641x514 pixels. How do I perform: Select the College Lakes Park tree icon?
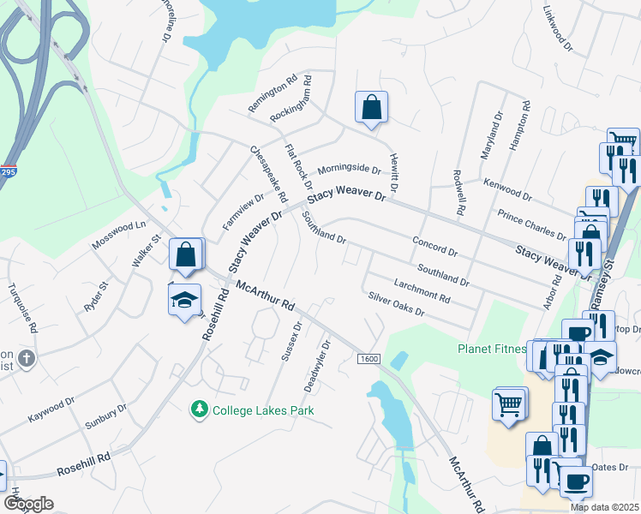[x=200, y=410]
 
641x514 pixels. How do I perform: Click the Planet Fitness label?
[x=491, y=349]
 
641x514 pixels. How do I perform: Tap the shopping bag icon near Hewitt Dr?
[x=371, y=109]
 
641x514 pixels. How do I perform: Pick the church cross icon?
[x=27, y=358]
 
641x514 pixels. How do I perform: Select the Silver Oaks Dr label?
[x=396, y=305]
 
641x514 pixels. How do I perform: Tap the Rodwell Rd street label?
[x=458, y=193]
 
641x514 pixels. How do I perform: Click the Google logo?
[x=28, y=504]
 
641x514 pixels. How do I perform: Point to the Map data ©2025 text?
[x=603, y=507]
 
